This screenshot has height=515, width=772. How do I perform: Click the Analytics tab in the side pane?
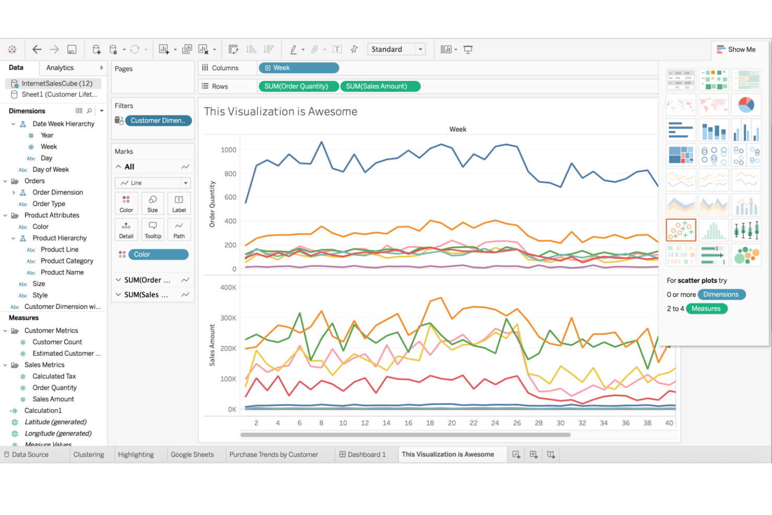(60, 68)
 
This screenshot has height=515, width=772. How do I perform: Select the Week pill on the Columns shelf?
(298, 68)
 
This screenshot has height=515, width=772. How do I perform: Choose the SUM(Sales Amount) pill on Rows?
(380, 86)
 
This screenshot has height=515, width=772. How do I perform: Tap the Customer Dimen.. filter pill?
(158, 121)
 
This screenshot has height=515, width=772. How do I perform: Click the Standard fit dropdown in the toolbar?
(396, 50)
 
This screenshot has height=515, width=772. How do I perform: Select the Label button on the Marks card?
(179, 203)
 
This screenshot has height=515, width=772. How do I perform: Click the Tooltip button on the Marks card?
(153, 230)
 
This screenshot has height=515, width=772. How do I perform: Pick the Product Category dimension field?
(67, 261)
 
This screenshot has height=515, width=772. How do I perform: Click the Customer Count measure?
(57, 342)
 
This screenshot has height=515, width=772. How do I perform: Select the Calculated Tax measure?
(54, 376)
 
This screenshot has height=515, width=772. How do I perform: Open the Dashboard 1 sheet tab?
(363, 454)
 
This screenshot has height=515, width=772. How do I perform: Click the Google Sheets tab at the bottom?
(192, 454)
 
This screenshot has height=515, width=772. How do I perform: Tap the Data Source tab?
(30, 454)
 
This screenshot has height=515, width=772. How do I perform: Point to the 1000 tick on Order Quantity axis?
(228, 150)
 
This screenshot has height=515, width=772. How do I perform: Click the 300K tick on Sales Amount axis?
(228, 318)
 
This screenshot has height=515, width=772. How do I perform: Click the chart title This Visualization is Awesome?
(281, 112)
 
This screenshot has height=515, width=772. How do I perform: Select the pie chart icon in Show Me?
(746, 105)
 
